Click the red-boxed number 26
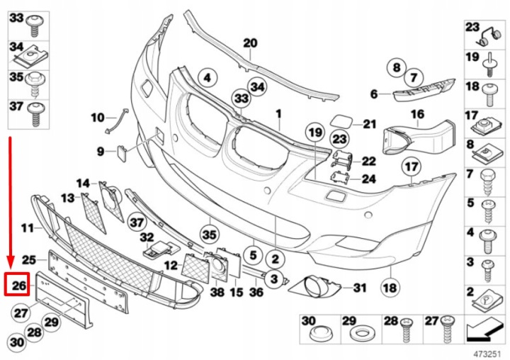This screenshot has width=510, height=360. (18, 286)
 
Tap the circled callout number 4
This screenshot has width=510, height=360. (208, 78)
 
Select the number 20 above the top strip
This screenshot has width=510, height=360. (251, 43)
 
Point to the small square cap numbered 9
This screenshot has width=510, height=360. (121, 154)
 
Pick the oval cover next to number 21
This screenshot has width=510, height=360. (341, 123)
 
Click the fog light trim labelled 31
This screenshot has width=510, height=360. (315, 287)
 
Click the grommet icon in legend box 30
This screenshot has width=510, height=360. (320, 334)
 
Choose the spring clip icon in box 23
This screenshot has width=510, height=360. (489, 36)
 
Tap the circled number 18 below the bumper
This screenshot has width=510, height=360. (390, 287)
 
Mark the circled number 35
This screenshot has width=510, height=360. (209, 235)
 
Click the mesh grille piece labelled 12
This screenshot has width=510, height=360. (195, 268)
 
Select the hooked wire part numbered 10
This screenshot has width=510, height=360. (116, 120)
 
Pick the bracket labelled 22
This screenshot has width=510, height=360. (342, 160)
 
